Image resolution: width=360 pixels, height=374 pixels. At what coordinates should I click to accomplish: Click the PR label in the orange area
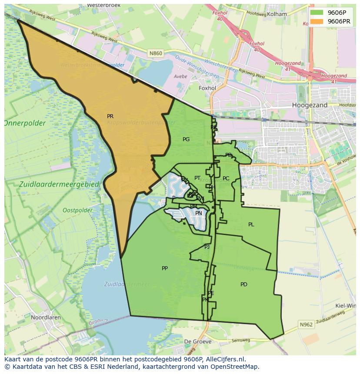(x=110, y=116)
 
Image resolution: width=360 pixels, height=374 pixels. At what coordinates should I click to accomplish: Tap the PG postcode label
(x=186, y=139)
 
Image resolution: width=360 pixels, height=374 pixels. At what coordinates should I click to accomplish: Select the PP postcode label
(x=165, y=268)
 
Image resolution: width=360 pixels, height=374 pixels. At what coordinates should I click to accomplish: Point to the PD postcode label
(x=244, y=285)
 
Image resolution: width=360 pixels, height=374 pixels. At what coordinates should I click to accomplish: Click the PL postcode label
(x=251, y=225)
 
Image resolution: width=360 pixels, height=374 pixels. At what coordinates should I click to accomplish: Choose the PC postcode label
(x=226, y=179)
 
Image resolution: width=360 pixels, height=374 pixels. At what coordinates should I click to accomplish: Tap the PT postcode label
(x=197, y=178)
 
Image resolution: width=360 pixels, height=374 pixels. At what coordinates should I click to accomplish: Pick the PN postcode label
(x=199, y=213)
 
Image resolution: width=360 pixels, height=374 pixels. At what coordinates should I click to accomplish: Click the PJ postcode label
(x=207, y=247)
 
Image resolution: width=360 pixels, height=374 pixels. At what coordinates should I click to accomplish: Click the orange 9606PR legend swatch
(x=317, y=21)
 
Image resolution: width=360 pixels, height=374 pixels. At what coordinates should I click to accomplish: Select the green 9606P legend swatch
(x=317, y=13)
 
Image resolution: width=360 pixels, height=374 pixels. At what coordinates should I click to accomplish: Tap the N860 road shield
(x=155, y=53)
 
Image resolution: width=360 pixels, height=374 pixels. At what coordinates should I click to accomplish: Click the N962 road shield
(x=306, y=324)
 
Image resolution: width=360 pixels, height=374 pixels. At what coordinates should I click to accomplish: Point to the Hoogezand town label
(x=310, y=105)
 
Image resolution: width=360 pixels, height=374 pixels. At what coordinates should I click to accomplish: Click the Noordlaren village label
(x=45, y=318)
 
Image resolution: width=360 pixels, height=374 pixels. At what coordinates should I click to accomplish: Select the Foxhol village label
(x=207, y=88)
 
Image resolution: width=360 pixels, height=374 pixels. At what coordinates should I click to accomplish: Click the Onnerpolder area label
(x=25, y=123)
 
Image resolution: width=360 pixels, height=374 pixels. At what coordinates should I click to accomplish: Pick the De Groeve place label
(x=198, y=341)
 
